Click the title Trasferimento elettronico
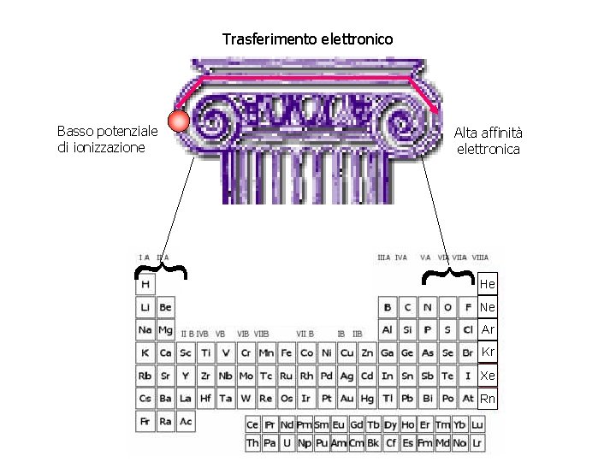(308, 39)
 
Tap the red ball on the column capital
(178, 121)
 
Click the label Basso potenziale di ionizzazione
(107, 139)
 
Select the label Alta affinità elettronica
(489, 140)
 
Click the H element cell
(145, 284)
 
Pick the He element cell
(487, 283)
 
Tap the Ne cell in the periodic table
(487, 306)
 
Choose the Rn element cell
(487, 399)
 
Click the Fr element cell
(145, 422)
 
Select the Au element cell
(346, 399)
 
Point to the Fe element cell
(287, 352)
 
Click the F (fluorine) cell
(468, 307)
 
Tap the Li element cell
(145, 307)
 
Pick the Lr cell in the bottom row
(477, 444)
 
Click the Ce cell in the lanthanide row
(252, 425)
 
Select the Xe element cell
(487, 376)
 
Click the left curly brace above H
(162, 270)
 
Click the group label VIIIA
(480, 257)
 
